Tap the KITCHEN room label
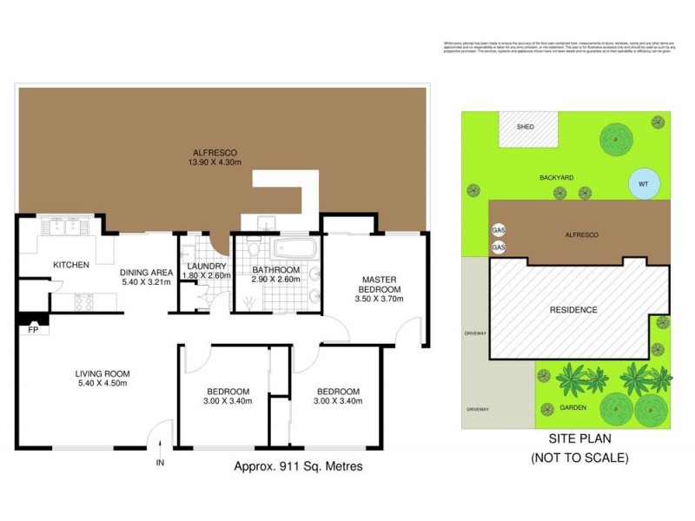tap(71, 265)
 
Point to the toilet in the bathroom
tap(252, 249)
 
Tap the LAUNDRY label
tap(207, 266)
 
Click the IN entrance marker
tap(159, 464)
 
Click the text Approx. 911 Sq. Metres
tap(298, 466)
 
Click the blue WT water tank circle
tap(643, 184)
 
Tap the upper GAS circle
tap(499, 231)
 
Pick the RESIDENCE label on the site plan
tap(573, 310)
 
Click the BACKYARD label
tap(556, 177)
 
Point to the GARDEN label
tap(573, 407)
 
